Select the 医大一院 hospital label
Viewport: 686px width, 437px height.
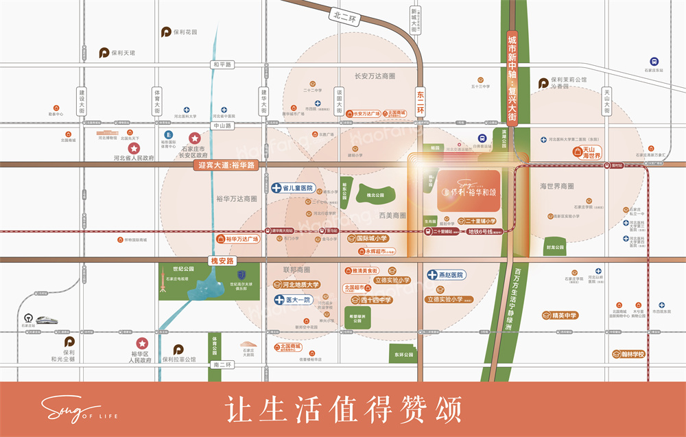click(294, 300)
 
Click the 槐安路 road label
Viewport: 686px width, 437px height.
click(222, 261)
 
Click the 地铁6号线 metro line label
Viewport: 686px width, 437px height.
click(481, 232)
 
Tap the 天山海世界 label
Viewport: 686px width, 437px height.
click(587, 152)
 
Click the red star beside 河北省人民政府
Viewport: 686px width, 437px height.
click(134, 148)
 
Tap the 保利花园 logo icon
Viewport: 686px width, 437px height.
click(165, 32)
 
